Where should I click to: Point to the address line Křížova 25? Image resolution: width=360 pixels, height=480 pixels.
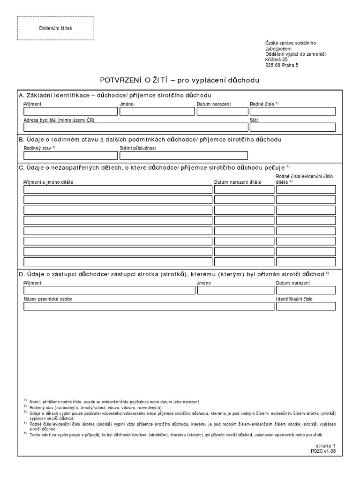tap(277, 60)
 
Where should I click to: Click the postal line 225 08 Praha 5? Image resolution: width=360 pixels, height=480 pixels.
tap(281, 66)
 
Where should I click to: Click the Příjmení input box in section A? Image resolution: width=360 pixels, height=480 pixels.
tap(70, 111)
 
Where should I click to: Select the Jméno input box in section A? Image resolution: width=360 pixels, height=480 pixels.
tap(157, 111)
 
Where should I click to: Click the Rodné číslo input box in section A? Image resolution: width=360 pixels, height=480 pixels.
tap(292, 111)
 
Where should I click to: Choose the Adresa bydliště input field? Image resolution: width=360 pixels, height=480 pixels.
tap(136, 127)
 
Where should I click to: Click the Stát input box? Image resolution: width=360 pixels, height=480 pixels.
tap(292, 127)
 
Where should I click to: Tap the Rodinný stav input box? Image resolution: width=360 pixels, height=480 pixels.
tap(70, 156)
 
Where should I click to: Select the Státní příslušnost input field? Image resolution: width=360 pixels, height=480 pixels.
tap(183, 156)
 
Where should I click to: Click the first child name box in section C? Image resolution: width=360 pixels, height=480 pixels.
tap(118, 189)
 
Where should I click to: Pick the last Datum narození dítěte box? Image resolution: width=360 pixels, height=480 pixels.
tap(244, 262)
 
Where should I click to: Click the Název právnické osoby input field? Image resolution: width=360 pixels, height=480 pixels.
tap(149, 306)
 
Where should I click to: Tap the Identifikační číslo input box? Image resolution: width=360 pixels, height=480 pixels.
tap(306, 306)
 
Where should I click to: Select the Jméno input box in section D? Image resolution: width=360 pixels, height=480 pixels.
tap(235, 290)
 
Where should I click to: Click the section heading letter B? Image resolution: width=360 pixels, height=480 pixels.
tap(21, 140)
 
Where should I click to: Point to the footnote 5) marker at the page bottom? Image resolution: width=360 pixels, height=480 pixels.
tap(25, 434)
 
